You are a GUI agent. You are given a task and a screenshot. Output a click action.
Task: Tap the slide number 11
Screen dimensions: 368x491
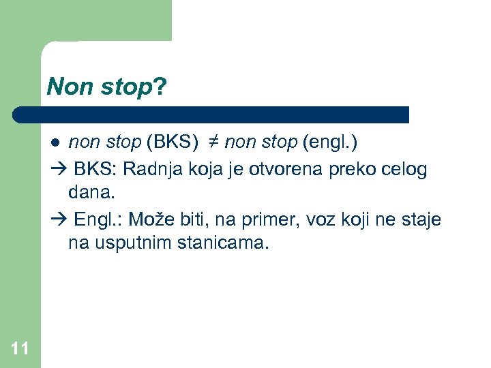click(20, 350)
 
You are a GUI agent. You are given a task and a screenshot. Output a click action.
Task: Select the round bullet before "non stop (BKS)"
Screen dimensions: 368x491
click(56, 143)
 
